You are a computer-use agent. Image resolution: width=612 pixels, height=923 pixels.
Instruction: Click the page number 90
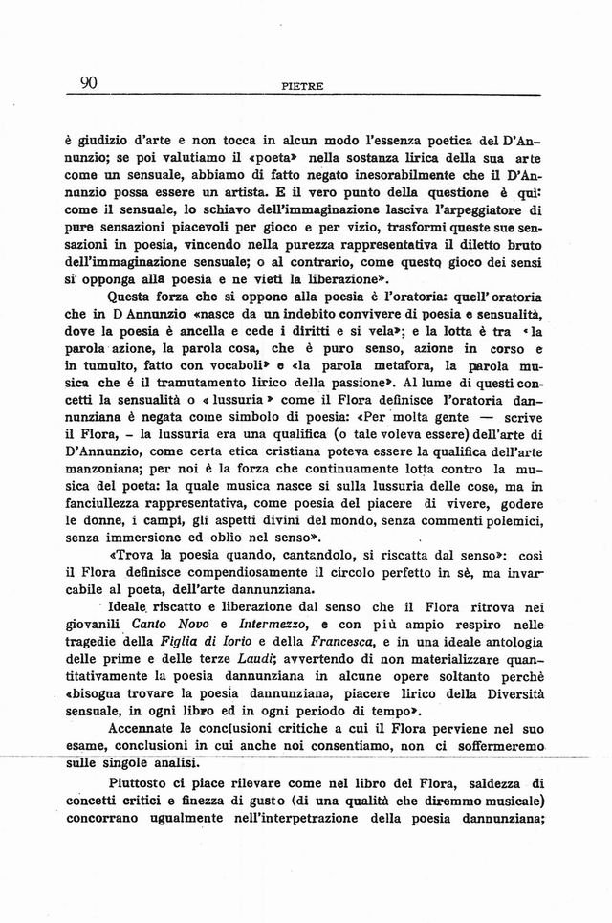[x=89, y=83]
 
